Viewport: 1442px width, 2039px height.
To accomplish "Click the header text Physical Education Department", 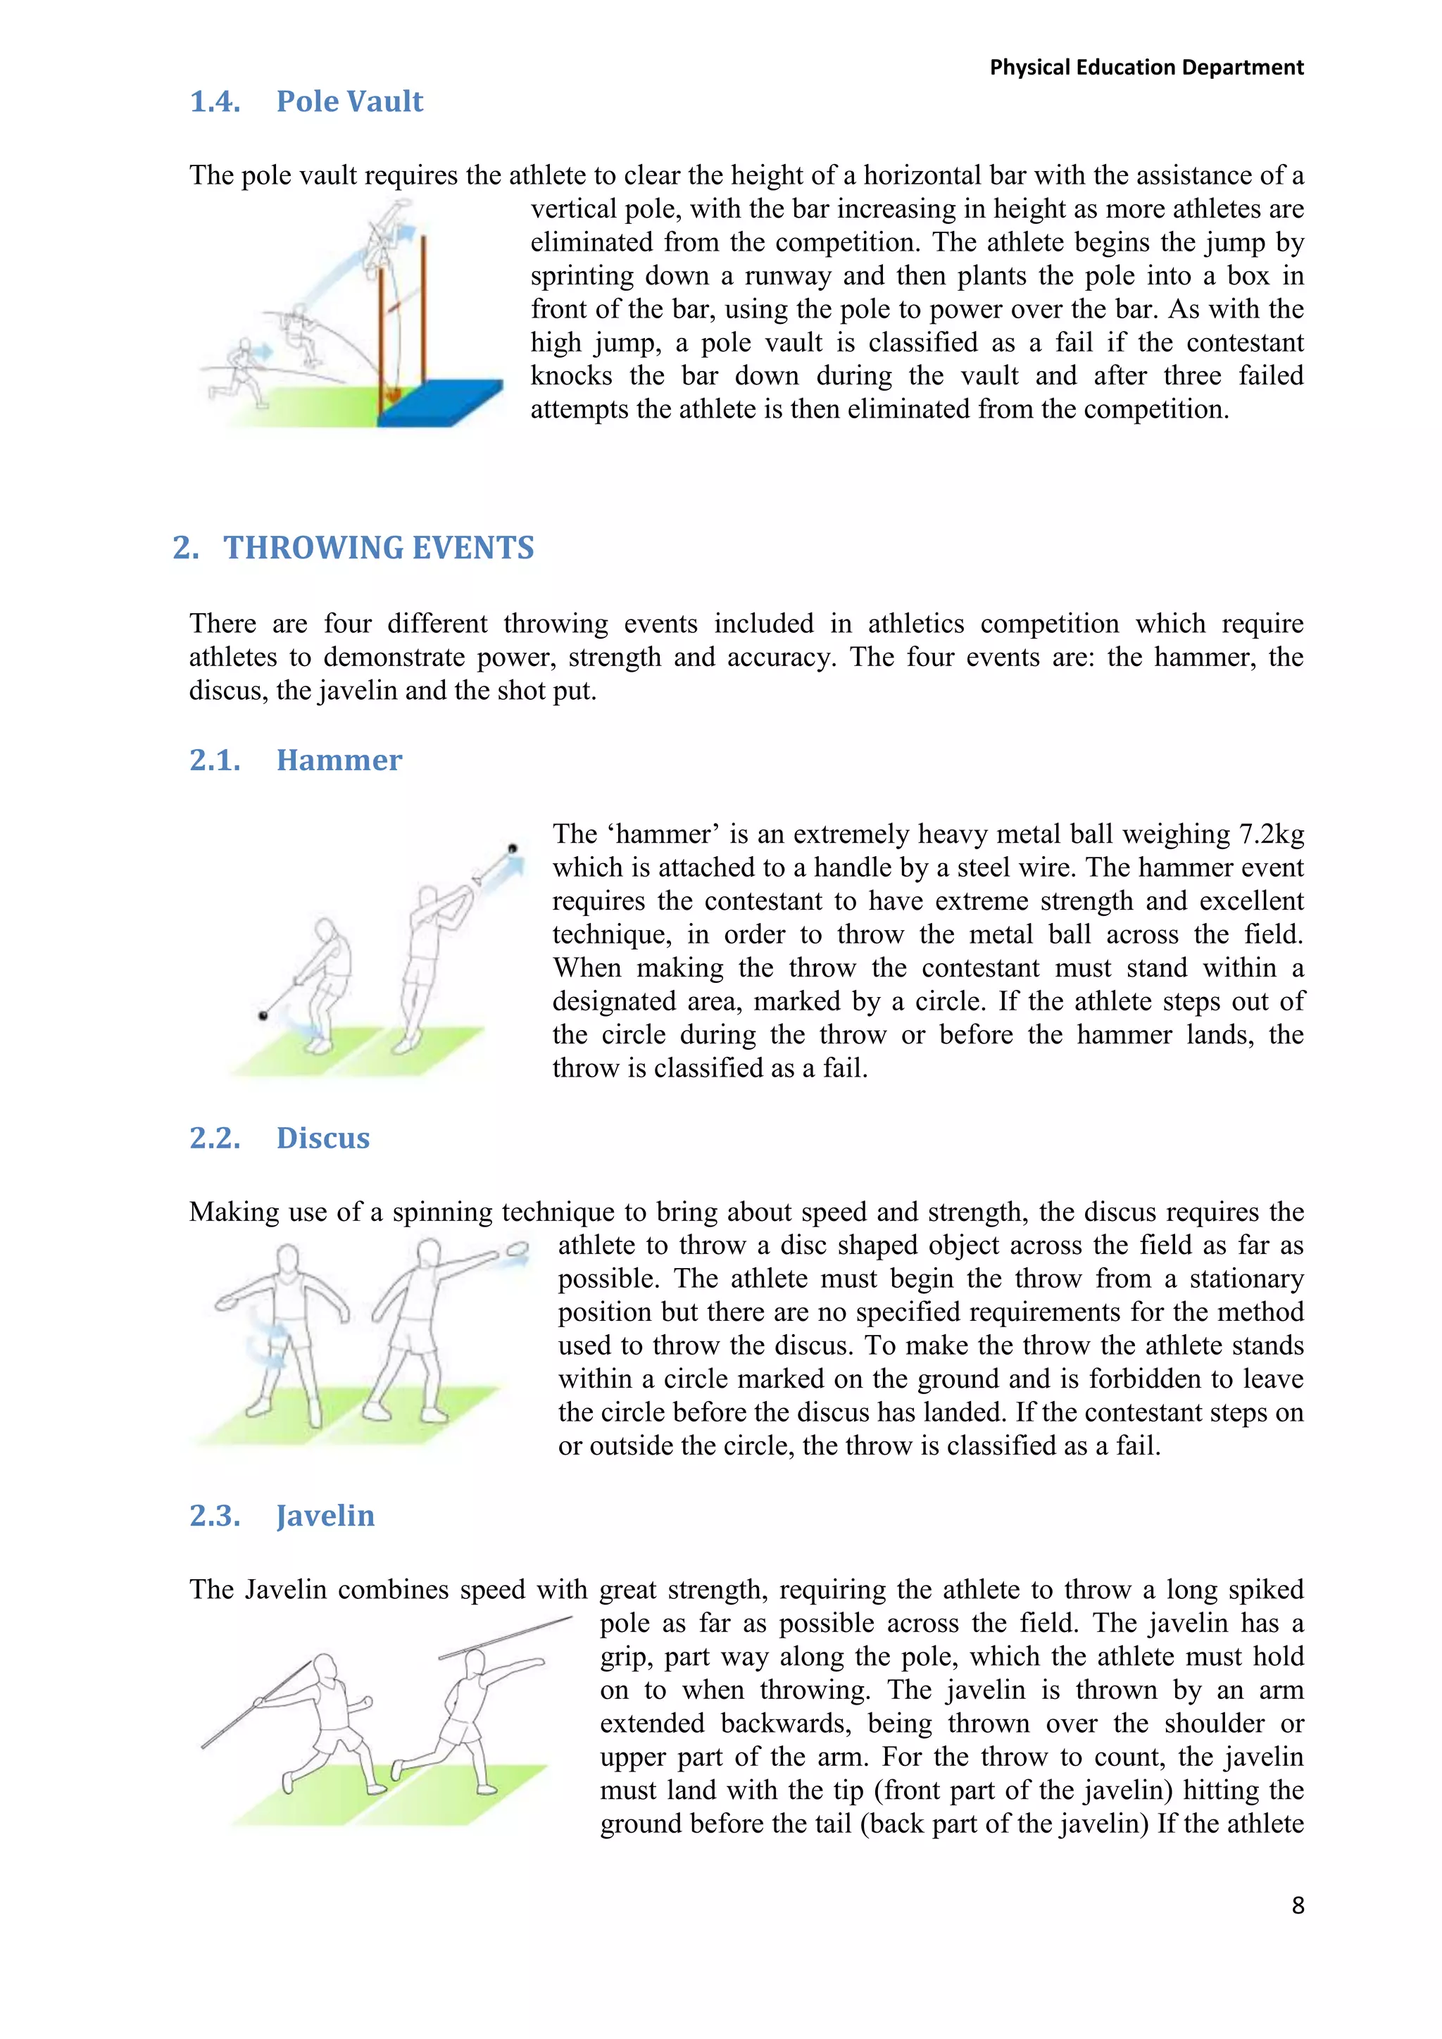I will tap(1146, 68).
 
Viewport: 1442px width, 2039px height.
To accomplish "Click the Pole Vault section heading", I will tap(349, 101).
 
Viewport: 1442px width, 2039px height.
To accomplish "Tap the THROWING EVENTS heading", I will tap(378, 548).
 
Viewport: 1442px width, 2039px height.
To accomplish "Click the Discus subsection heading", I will tap(322, 1138).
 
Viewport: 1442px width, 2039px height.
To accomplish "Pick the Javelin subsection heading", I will tap(325, 1515).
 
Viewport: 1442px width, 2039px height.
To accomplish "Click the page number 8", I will tap(1297, 1906).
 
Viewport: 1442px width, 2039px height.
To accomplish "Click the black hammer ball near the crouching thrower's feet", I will tap(263, 1015).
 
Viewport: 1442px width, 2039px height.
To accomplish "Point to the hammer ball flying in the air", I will tap(513, 849).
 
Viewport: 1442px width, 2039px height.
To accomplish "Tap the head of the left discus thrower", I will tap(288, 1260).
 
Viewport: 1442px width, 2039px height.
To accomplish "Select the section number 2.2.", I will tap(215, 1138).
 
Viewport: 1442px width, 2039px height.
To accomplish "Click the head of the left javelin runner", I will tap(325, 1667).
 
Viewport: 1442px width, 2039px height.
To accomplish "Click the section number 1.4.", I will tap(215, 101).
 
